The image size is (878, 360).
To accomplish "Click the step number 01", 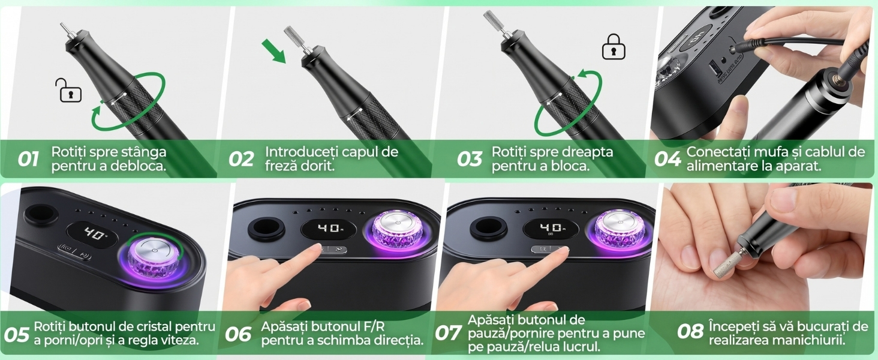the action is (x=28, y=159).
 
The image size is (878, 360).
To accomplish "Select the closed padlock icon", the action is (x=614, y=46).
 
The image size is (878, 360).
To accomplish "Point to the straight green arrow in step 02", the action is (x=274, y=52).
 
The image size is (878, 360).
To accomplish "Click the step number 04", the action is (x=667, y=159).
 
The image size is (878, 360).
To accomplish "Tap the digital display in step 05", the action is (x=92, y=235).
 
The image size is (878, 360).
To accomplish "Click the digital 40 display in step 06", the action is (x=329, y=229).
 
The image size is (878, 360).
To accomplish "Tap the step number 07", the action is (x=447, y=334).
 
